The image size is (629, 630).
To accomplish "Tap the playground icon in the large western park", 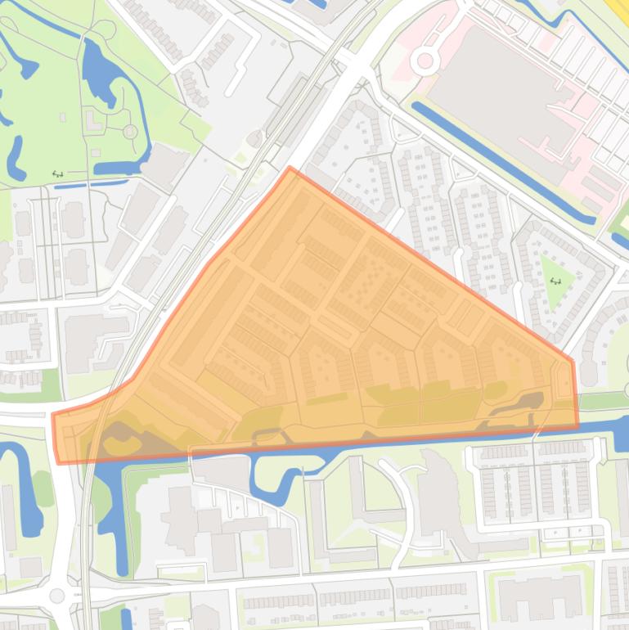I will tap(57, 173).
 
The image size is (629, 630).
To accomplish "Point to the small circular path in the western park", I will tap(130, 131).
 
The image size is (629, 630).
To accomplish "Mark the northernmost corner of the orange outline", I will tap(290, 169).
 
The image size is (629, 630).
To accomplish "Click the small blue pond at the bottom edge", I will tap(126, 618).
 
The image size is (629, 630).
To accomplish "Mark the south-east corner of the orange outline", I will tap(577, 425).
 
